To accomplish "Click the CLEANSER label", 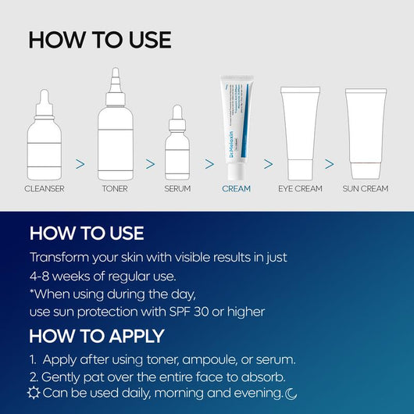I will coord(44,188).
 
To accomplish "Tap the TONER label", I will coord(115,188).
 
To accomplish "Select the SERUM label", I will coord(177,188).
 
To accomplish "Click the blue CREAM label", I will coord(236,188).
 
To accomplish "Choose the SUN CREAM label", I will coord(366,188).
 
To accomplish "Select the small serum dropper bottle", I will coord(177,148).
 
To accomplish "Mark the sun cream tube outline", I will coord(366,133).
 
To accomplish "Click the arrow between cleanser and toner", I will coord(80,164).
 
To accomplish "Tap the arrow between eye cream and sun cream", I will coord(330,164).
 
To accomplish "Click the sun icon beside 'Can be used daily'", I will coord(34,393).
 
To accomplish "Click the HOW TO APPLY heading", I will coord(96,336).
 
